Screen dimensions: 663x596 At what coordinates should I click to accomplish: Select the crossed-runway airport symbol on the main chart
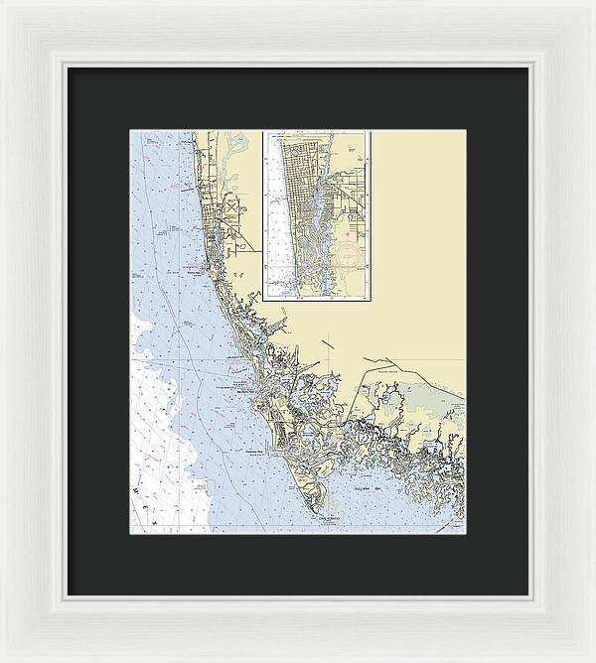231,210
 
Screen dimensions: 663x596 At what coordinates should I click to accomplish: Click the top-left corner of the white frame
2,2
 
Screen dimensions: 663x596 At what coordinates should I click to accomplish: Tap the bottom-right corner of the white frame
593,660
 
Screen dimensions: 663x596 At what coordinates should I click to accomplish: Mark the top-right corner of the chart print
465,130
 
